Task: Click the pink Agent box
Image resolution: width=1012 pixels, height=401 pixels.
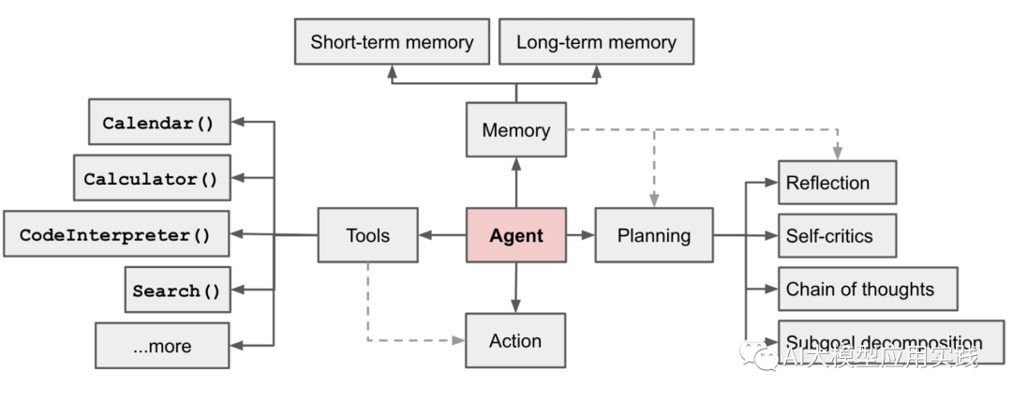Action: (x=516, y=235)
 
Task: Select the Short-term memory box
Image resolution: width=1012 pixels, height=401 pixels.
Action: (x=392, y=43)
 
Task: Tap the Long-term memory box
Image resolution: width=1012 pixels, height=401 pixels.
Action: (x=596, y=43)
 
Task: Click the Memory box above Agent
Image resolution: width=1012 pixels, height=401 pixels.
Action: (x=516, y=130)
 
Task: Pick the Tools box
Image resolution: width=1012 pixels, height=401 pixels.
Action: (x=367, y=235)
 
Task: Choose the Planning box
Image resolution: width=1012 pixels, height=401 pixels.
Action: (x=654, y=235)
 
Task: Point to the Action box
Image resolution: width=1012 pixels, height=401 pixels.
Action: (x=515, y=341)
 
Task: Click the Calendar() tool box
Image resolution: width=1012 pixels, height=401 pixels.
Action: (x=159, y=123)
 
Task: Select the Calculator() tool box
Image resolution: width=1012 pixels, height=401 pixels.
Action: (x=152, y=178)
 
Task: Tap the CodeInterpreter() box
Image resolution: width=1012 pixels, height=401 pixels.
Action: (x=116, y=234)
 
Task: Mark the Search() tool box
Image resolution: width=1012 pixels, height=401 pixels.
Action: (x=177, y=290)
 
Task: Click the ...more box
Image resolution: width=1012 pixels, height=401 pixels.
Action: (x=162, y=346)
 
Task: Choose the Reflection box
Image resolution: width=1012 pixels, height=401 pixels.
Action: (x=837, y=183)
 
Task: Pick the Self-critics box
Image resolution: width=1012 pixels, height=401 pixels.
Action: (x=837, y=236)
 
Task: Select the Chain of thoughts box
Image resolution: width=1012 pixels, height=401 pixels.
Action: (x=868, y=290)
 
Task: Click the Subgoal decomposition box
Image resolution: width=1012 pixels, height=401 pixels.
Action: (x=890, y=342)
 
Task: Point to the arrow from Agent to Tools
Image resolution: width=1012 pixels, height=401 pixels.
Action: (x=442, y=235)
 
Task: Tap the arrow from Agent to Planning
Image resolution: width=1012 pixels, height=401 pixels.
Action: (x=581, y=235)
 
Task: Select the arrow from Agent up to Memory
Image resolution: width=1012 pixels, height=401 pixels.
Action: (x=516, y=182)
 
